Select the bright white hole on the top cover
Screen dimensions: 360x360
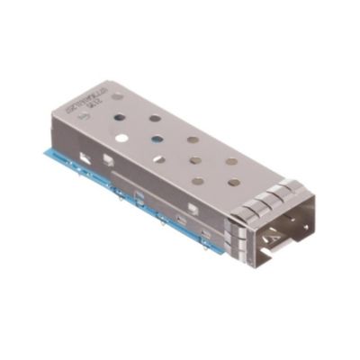pos(120,139)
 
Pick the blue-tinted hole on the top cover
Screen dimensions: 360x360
pos(157,139)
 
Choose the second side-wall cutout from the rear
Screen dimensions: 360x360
pos(109,163)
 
